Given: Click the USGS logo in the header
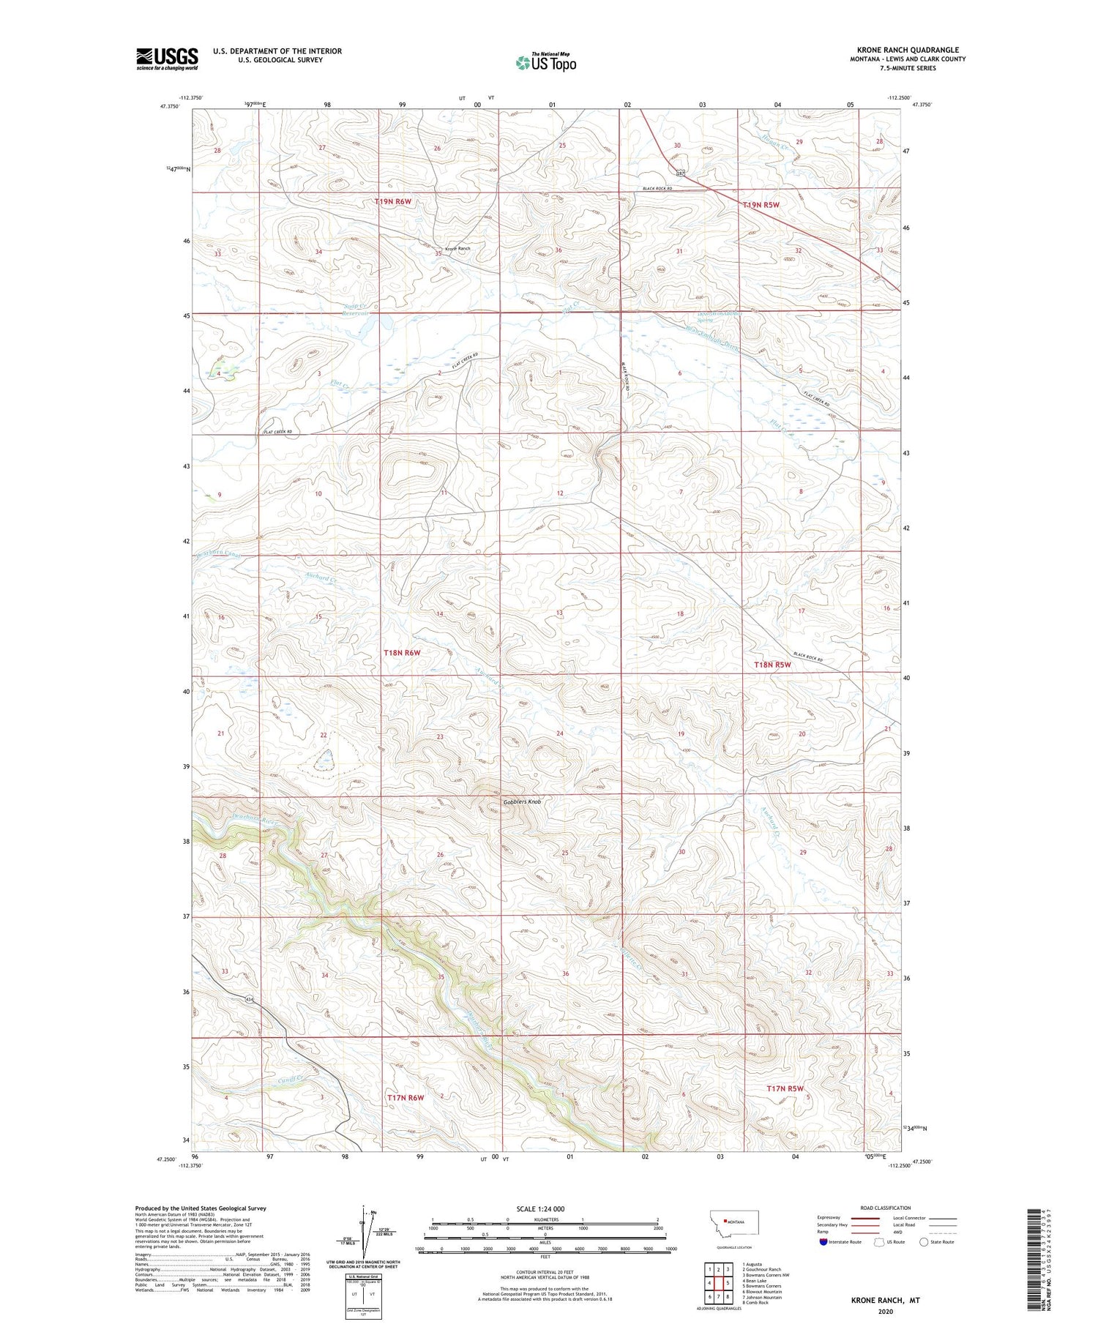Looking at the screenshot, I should (x=167, y=59).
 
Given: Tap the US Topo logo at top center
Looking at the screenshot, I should (x=545, y=63).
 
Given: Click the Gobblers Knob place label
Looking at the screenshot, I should (x=523, y=802).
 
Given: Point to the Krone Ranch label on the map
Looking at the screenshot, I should (x=457, y=249).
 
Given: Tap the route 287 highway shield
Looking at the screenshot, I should (x=681, y=173).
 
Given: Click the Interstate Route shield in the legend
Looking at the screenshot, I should (x=823, y=1242).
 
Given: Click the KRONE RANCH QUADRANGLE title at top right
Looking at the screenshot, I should (x=908, y=50).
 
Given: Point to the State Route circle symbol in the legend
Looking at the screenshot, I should (x=924, y=1242).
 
